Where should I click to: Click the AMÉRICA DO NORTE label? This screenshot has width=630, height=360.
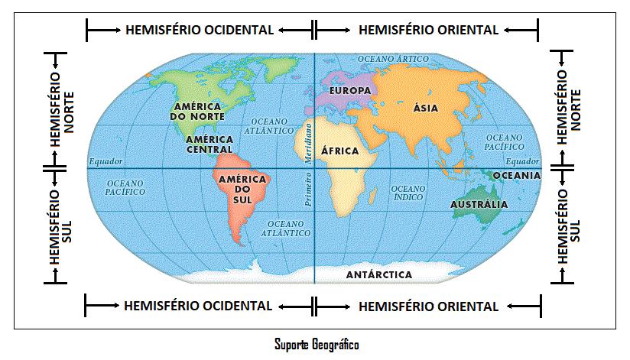198,111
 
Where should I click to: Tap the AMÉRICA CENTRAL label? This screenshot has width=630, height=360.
209,144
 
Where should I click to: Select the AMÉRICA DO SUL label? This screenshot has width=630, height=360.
242,189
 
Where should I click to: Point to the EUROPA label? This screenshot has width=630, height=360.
349,90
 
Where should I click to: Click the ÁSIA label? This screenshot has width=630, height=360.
425,108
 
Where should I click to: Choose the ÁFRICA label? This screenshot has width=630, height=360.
339,151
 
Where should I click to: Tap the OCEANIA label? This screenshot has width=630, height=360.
517,175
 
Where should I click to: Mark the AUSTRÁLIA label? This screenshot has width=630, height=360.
479,204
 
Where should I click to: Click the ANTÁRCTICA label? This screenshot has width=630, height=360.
379,274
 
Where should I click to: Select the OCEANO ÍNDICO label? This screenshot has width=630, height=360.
408,193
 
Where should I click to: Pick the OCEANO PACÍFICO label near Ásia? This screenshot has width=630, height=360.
504,141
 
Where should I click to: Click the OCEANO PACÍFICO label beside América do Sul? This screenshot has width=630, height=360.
125,187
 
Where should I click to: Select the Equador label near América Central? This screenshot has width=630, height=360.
105,161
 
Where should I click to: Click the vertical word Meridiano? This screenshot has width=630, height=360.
309,139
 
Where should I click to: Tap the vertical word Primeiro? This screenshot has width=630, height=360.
309,189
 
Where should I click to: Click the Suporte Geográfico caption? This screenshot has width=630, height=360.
316,344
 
